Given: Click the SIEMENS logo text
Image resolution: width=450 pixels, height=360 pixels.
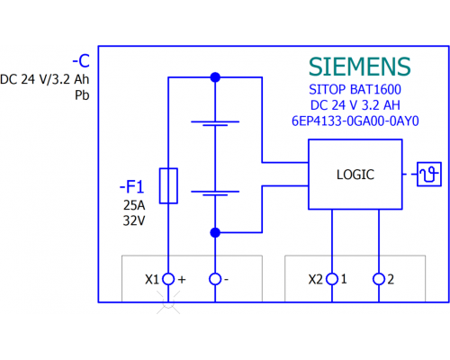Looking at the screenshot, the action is (x=359, y=67).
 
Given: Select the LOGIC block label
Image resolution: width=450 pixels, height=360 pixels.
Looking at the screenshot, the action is (x=355, y=175).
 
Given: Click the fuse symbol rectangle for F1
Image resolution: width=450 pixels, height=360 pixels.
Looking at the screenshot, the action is (x=168, y=186).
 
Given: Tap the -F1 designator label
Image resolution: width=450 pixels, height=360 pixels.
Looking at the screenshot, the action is (x=132, y=186).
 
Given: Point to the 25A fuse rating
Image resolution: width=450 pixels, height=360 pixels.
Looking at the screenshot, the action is (x=134, y=205).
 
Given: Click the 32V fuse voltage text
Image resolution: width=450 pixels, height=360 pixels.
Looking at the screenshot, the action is (x=134, y=220).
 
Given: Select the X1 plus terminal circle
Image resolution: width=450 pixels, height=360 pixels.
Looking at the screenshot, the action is (x=168, y=279).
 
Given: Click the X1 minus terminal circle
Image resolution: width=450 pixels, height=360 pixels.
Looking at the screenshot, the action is (x=215, y=279).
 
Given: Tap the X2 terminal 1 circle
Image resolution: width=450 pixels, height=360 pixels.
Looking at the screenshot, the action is (x=332, y=279).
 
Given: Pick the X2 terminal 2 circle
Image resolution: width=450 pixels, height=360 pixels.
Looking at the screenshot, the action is (x=379, y=279).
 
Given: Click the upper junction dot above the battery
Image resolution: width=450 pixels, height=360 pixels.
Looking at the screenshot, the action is (x=215, y=77).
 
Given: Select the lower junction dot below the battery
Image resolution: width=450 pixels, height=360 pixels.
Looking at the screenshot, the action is (x=215, y=232).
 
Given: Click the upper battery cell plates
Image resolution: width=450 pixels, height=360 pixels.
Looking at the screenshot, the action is (x=215, y=123).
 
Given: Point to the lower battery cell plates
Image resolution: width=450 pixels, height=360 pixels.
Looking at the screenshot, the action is (x=215, y=193).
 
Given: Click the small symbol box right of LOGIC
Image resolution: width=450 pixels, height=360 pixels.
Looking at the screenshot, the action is (x=429, y=174).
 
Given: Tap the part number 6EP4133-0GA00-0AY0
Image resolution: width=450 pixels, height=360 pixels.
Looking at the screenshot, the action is (x=355, y=121).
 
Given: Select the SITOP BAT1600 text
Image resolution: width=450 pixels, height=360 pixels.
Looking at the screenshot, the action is (x=355, y=89).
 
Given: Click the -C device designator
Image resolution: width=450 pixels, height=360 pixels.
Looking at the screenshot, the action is (x=81, y=61).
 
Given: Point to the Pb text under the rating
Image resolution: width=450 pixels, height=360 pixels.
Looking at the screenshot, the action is (x=82, y=95).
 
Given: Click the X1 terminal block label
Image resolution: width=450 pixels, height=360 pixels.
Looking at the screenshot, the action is (x=152, y=280).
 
